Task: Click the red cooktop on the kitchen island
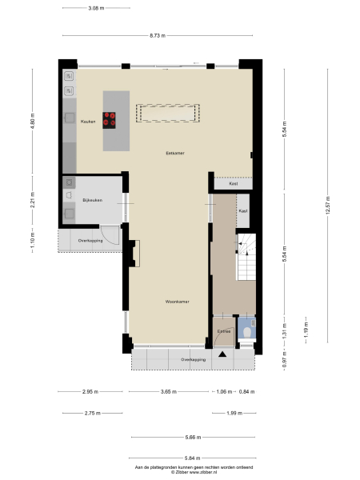point(110,121)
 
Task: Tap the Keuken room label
point(88,122)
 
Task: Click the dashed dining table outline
point(168,113)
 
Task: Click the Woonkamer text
point(176,302)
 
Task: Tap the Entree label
point(224,330)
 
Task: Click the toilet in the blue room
point(247,331)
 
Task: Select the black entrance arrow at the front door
point(223,353)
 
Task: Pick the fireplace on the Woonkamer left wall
point(135,254)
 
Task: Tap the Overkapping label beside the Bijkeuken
point(89,240)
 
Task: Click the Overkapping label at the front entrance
point(193,360)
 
